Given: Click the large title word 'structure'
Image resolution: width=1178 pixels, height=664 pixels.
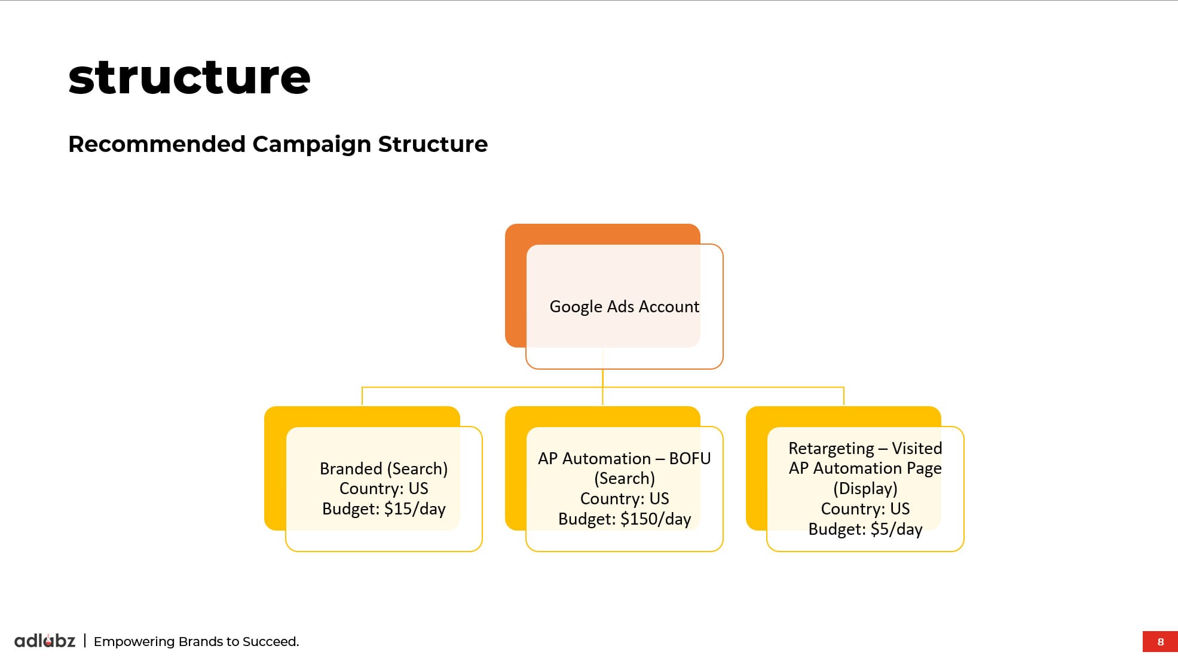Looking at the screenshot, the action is point(189,78).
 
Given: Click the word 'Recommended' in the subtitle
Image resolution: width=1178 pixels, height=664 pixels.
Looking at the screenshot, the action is point(157,144).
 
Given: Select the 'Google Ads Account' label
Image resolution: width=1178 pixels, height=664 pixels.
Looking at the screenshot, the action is point(624,307).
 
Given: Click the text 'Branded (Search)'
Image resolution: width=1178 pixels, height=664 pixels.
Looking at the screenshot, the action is point(384,468).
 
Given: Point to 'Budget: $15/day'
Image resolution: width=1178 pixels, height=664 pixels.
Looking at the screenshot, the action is point(384,509).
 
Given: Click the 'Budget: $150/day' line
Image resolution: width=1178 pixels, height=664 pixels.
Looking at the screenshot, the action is point(625,519).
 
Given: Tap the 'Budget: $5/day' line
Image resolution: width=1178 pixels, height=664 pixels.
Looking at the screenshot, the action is point(865,529).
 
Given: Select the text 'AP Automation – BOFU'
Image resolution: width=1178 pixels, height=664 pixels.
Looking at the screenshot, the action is point(625,459).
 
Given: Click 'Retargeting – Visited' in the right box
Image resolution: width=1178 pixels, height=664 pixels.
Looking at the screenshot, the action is point(865,449).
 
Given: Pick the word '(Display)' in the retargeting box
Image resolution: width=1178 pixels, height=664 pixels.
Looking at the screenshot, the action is point(865,489).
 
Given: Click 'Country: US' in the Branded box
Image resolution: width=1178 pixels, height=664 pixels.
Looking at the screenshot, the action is point(384,489).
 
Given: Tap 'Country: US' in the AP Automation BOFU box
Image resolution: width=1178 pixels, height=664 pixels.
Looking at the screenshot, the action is point(625,499).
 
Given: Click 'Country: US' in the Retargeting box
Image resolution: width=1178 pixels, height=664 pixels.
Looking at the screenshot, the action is point(865,509).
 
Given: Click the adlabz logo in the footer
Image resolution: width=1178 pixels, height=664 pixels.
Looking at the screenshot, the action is point(45,641).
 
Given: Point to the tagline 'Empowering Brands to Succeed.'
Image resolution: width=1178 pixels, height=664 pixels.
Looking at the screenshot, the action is point(196,642).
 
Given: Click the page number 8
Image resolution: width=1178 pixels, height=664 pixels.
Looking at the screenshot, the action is point(1161,642).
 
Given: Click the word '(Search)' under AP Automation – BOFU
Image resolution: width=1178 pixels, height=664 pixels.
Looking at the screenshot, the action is point(625,479).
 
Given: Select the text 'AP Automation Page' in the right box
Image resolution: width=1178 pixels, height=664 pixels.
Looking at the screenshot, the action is point(865,468).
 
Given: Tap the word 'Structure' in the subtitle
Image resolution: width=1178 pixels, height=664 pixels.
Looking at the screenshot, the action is point(433,144).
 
